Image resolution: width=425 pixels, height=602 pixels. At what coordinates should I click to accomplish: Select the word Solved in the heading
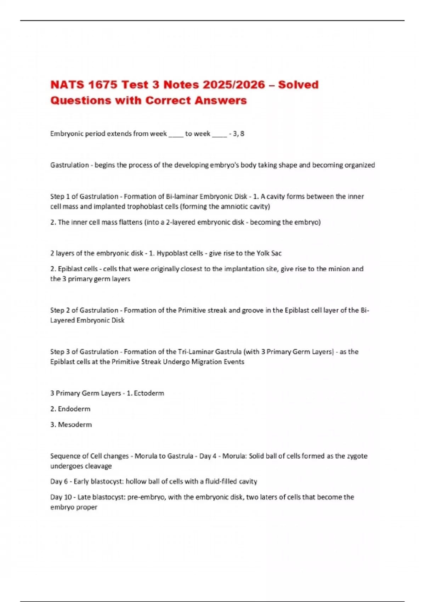tap(298, 85)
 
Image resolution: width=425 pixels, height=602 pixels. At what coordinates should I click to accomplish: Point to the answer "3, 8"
tap(239, 134)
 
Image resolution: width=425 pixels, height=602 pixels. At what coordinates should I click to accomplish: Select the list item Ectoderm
tap(149, 393)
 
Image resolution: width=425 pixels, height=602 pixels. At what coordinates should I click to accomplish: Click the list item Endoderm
tap(74, 409)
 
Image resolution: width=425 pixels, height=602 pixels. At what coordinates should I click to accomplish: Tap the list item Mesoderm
tap(75, 425)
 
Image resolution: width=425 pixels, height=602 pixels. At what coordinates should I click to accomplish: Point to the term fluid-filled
tap(219, 482)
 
